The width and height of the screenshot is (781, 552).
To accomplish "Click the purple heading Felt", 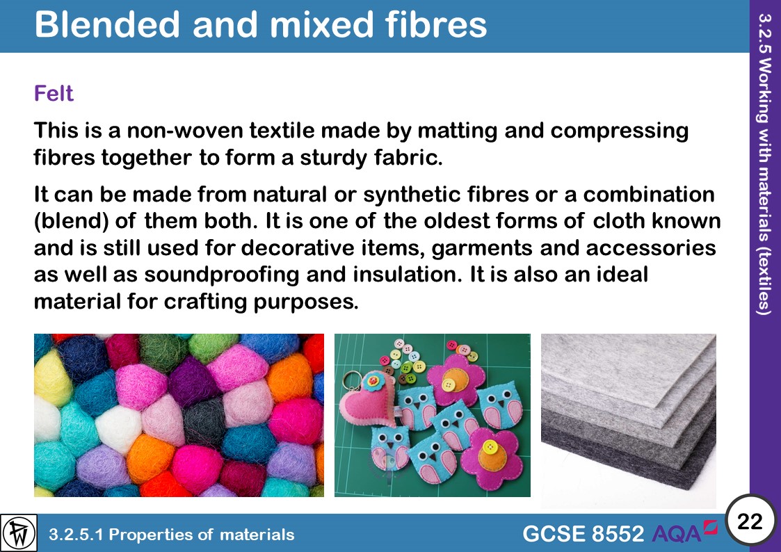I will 54,93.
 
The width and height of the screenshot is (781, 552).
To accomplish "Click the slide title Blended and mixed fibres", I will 260,25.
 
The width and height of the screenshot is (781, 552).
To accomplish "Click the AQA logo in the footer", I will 685,533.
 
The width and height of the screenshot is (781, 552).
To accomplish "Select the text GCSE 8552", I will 583,534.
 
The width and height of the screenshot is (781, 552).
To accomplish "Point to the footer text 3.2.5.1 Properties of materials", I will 171,535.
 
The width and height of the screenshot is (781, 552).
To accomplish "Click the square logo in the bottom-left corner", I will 19,533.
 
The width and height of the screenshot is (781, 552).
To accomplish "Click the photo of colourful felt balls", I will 179,415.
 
